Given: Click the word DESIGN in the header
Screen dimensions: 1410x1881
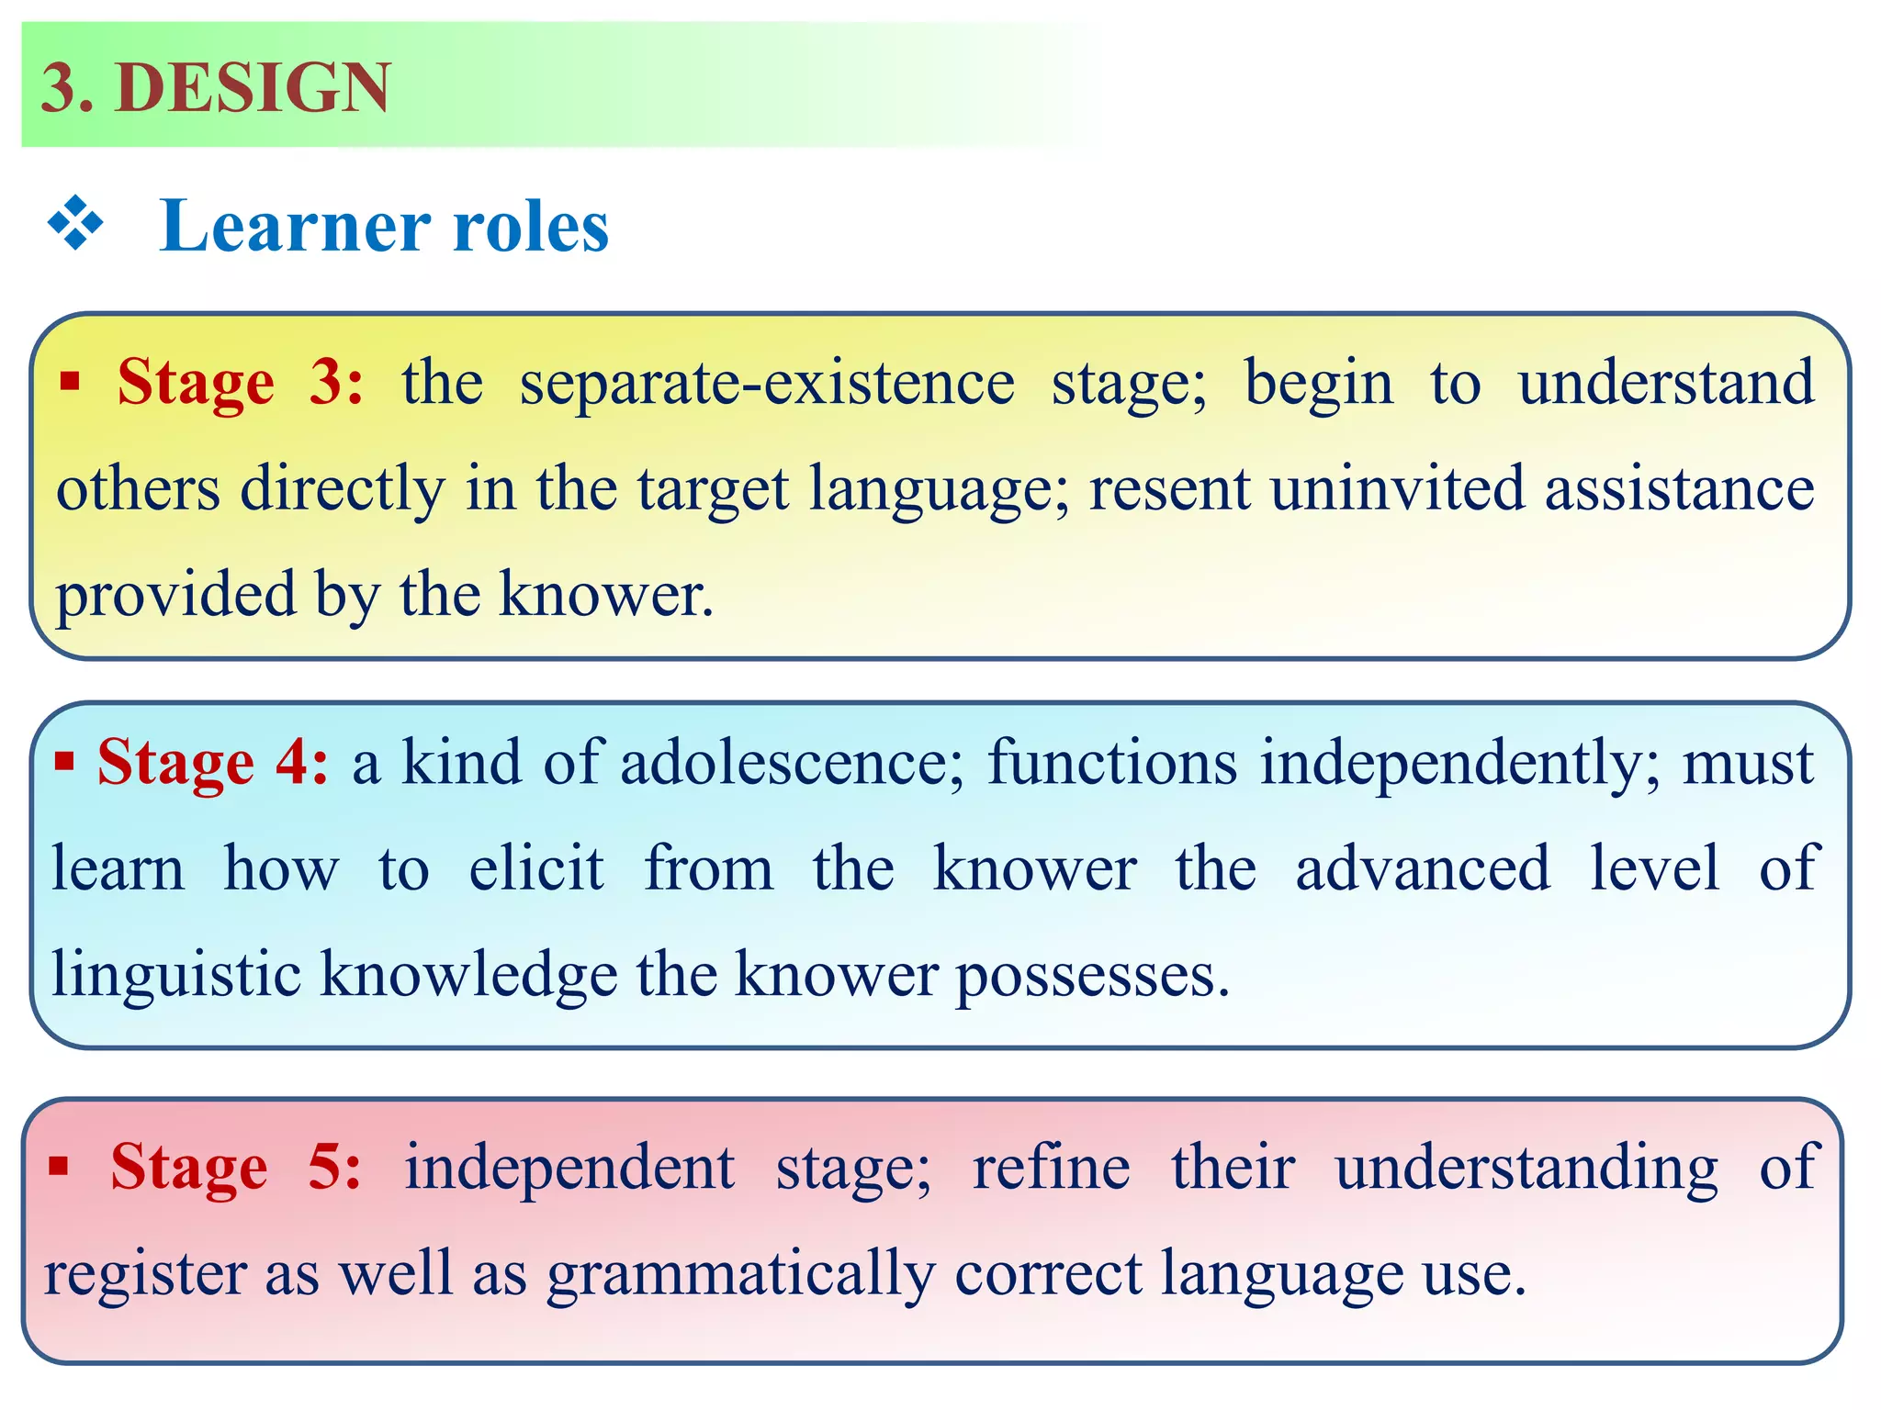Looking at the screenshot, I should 253,87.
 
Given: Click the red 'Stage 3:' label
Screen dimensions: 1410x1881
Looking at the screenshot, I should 240,381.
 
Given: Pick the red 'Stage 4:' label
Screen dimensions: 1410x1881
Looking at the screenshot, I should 212,762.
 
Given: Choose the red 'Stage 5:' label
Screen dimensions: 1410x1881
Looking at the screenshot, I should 235,1167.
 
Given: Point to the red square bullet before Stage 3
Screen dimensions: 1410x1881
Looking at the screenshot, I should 70,380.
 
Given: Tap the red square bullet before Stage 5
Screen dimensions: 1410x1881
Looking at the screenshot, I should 60,1167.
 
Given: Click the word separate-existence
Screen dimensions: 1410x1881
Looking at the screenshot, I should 767,383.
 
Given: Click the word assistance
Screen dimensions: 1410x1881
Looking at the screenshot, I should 1679,488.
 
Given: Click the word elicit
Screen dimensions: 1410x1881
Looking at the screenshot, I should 536,868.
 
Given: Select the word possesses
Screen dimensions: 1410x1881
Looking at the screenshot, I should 1093,975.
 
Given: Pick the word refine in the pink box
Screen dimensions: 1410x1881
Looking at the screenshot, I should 1051,1168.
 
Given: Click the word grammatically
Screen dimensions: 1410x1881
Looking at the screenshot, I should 741,1275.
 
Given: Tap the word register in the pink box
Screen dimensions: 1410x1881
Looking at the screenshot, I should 144,1275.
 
